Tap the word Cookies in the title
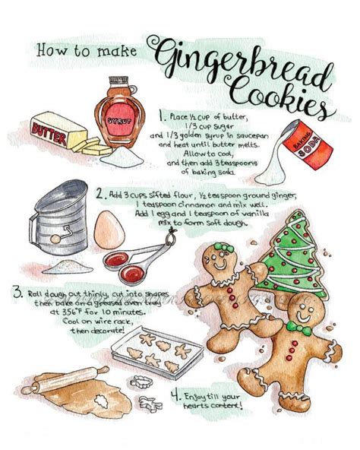click(x=285, y=94)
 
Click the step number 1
click(x=161, y=116)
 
